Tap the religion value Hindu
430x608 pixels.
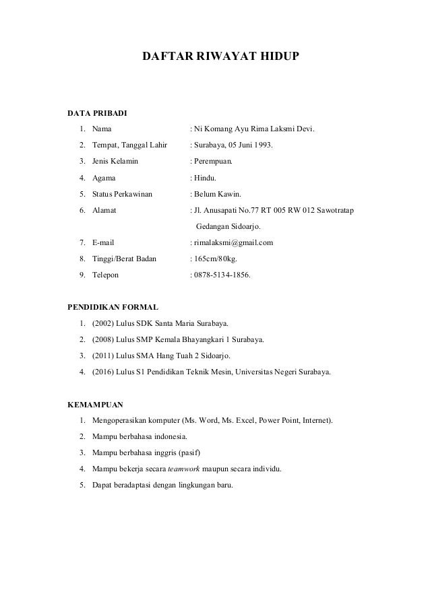(209, 178)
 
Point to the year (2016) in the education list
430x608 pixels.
(104, 372)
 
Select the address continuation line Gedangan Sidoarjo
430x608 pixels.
(232, 226)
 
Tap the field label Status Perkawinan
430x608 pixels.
(122, 194)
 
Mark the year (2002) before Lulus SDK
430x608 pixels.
(104, 323)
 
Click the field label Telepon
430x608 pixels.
(106, 275)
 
